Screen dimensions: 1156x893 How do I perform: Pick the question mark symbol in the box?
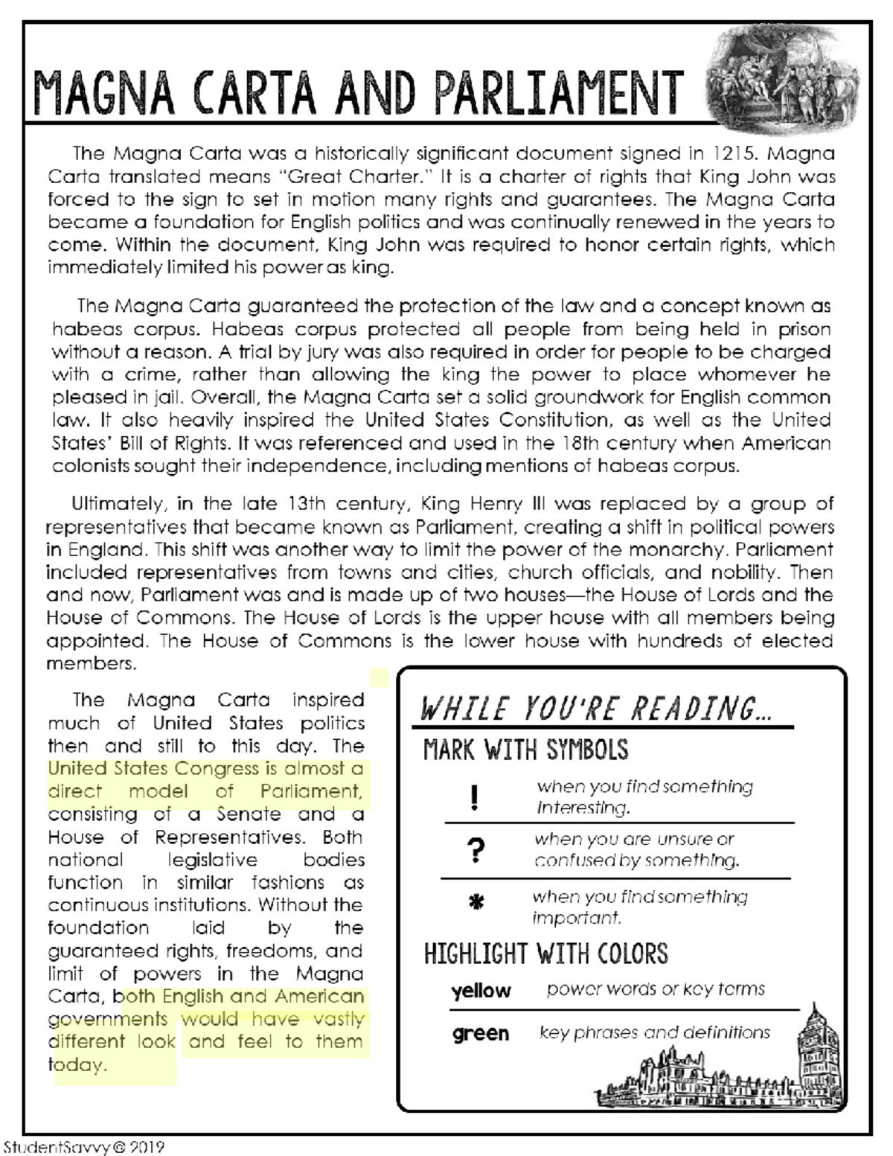coord(477,849)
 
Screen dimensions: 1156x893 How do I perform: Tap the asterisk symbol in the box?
coord(477,903)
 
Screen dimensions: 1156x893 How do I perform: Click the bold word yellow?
coord(481,991)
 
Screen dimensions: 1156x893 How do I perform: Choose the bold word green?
coord(481,1033)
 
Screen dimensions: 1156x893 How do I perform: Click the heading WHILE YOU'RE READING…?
coord(595,709)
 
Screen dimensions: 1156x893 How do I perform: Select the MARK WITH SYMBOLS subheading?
coord(525,750)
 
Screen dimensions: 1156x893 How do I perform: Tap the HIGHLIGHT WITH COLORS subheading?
coord(545,954)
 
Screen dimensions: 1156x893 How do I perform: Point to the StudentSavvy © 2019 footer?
coord(83,1147)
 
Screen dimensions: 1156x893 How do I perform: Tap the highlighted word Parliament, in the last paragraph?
coord(311,791)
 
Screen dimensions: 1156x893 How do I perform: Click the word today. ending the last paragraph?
coord(77,1065)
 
